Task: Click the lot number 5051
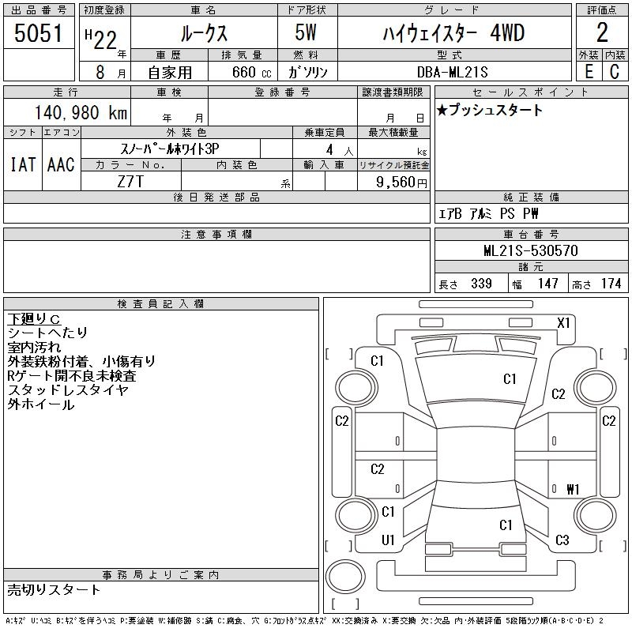click(39, 33)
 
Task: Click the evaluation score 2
click(602, 33)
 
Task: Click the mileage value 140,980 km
click(79, 112)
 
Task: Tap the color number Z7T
click(130, 182)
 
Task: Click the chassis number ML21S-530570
click(531, 251)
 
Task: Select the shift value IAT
click(22, 164)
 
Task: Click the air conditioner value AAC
click(61, 164)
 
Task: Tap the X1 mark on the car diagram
click(563, 322)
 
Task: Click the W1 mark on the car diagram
click(573, 490)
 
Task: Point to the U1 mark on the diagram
click(388, 540)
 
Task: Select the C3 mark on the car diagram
click(562, 540)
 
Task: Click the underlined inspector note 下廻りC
click(34, 318)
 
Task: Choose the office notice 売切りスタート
click(54, 589)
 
